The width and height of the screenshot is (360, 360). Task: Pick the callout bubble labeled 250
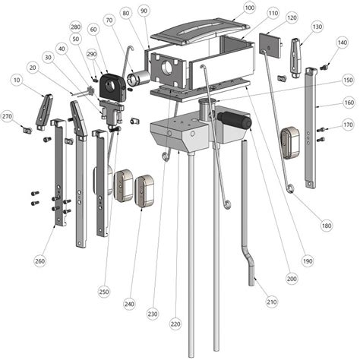(x=103, y=291)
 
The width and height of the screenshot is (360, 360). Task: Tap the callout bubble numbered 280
(x=75, y=27)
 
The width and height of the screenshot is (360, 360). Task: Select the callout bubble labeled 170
(x=347, y=125)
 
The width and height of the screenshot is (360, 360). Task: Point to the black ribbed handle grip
(x=233, y=120)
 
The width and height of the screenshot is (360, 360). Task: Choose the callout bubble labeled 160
(x=347, y=103)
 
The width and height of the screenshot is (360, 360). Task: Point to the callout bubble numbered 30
(x=48, y=57)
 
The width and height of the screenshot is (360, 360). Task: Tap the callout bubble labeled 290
(x=91, y=54)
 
